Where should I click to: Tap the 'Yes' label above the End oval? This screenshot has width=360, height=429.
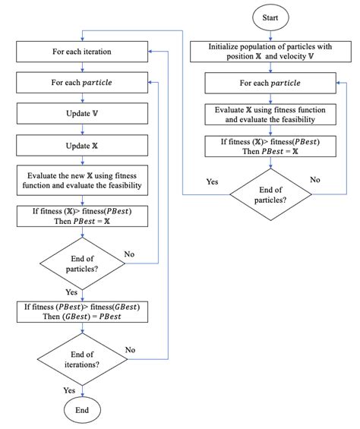pos(69,390)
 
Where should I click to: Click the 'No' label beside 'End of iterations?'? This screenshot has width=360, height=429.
pos(130,349)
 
